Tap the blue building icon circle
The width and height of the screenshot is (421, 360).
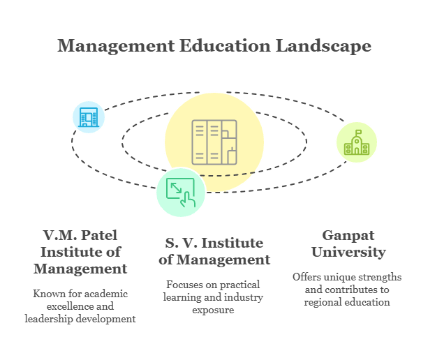click(89, 117)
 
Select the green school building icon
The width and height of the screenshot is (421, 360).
click(357, 142)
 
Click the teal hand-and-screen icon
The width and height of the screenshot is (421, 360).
click(180, 192)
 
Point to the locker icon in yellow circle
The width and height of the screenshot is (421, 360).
click(214, 140)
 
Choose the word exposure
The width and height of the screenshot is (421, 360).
click(214, 309)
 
